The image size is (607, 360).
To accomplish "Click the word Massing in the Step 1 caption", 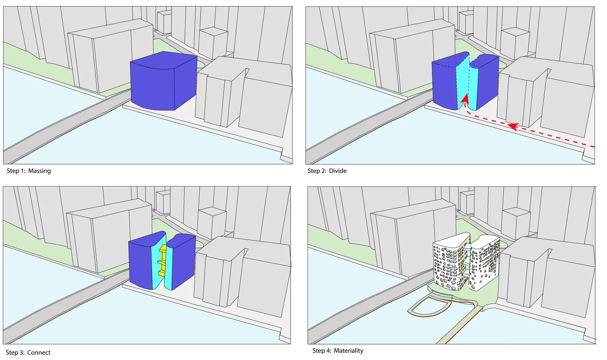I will click(39, 171).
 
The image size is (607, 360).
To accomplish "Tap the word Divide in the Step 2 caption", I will click(337, 171).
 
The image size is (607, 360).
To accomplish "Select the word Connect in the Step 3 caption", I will click(39, 353).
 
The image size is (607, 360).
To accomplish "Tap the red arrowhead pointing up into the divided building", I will click(465, 99).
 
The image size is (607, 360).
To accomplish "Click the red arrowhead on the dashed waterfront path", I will click(512, 127).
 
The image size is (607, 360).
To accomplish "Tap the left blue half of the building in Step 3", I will click(140, 262).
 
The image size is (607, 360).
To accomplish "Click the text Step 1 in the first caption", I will click(16, 171).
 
